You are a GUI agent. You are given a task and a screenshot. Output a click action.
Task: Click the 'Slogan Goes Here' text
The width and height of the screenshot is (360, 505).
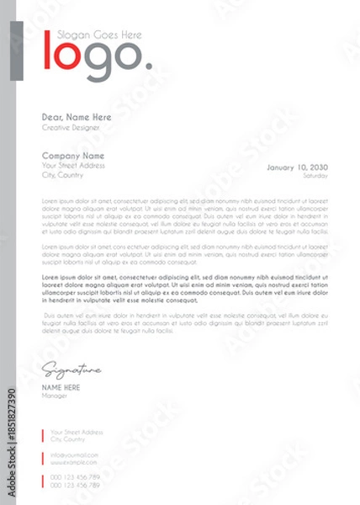tap(98, 35)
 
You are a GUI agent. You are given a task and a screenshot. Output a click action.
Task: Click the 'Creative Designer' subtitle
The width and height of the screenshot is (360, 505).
tap(71, 127)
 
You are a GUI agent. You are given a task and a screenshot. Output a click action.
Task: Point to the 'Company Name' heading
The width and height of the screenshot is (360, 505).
tap(73, 156)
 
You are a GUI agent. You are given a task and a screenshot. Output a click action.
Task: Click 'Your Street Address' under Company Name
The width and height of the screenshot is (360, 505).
tap(74, 166)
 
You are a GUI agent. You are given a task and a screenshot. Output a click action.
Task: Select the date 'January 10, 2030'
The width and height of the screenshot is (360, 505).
tap(297, 167)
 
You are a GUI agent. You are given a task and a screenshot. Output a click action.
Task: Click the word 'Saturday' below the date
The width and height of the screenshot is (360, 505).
tap(315, 176)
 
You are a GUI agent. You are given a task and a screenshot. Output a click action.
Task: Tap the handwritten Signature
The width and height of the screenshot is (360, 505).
tap(71, 369)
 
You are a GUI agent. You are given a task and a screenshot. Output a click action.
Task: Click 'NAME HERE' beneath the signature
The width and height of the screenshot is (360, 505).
tap(61, 387)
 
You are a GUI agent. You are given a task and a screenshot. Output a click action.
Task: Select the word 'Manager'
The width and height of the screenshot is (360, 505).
tap(56, 395)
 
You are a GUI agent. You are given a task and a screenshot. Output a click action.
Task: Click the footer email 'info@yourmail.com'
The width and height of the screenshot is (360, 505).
tap(74, 454)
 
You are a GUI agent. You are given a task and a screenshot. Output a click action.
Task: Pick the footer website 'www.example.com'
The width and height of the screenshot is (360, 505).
tap(73, 462)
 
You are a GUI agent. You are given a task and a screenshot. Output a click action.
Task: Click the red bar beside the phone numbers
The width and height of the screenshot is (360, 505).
tap(43, 481)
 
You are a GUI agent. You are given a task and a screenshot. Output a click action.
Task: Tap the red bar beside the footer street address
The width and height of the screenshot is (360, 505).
tap(43, 435)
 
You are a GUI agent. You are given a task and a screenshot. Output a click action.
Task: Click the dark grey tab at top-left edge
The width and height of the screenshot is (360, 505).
tap(16, 50)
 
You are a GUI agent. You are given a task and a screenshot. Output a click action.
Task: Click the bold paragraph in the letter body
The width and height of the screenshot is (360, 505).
tap(185, 288)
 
